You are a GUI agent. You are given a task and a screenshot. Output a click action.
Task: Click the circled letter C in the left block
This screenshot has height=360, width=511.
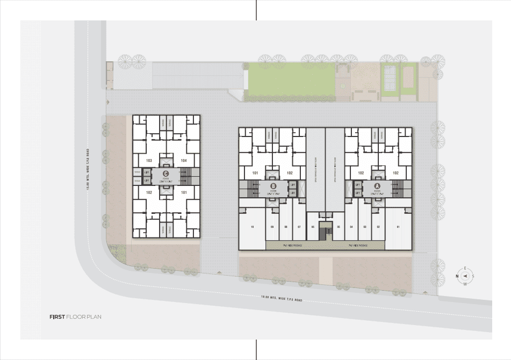pyautogui.click(x=166, y=173)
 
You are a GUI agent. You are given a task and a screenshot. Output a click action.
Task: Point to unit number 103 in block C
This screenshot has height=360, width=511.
pyautogui.click(x=149, y=161)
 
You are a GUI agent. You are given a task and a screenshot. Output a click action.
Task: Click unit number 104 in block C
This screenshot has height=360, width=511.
pyautogui.click(x=184, y=161)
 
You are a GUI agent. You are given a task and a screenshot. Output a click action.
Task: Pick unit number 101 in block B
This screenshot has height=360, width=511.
pyautogui.click(x=255, y=173)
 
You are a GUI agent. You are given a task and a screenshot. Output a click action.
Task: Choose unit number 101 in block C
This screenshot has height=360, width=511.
pyautogui.click(x=184, y=192)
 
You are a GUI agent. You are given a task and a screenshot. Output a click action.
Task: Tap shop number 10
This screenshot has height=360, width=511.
pyautogui.click(x=251, y=227)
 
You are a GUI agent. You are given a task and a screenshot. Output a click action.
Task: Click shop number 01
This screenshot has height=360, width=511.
pyautogui.click(x=398, y=227)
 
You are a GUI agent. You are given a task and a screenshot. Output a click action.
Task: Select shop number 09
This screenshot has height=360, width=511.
pyautogui.click(x=272, y=227)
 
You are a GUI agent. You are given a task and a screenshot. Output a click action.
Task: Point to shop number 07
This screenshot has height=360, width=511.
pyautogui.click(x=299, y=227)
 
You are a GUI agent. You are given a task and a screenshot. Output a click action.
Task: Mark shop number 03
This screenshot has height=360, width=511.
pyautogui.click(x=365, y=227)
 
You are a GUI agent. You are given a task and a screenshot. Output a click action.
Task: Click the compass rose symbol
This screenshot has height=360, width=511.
pyautogui.click(x=465, y=276)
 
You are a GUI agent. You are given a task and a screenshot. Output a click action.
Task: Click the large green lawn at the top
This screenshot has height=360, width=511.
pyautogui.click(x=290, y=81)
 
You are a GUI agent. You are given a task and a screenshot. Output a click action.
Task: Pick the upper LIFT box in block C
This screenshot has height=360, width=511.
pyautogui.click(x=147, y=172)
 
